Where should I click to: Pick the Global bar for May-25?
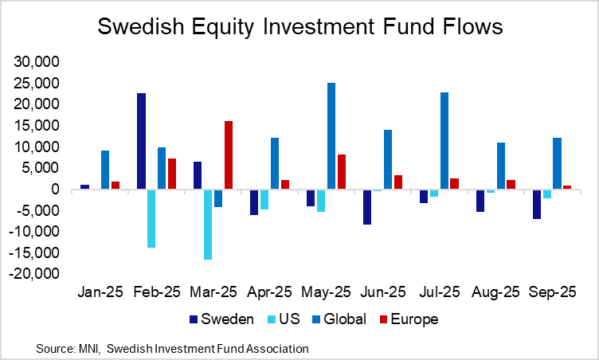[331, 135]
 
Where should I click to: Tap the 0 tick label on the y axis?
[56, 190]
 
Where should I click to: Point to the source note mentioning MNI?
[172, 348]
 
